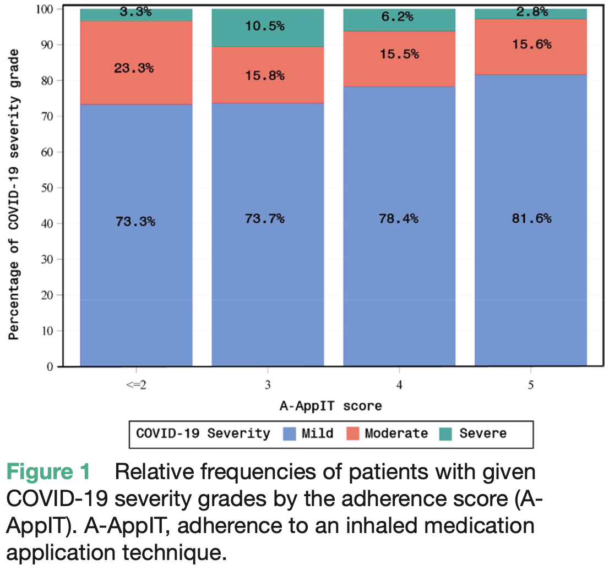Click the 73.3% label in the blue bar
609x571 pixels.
coord(135,222)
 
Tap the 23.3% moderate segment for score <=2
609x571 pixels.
coord(135,69)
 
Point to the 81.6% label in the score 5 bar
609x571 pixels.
coord(531,218)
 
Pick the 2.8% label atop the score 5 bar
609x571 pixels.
coord(531,12)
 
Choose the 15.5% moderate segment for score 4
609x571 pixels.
coord(399,54)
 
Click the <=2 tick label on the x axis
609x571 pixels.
coord(135,386)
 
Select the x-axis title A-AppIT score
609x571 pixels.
coord(330,406)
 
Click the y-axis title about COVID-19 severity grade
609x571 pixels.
coord(15,194)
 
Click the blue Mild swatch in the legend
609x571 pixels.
coord(290,434)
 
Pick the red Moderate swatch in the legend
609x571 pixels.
coord(352,434)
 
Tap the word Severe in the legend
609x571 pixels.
coord(482,433)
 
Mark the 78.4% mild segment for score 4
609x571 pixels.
coord(399,218)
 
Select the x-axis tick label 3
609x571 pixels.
coord(267,386)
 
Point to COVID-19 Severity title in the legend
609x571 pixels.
coord(203,433)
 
